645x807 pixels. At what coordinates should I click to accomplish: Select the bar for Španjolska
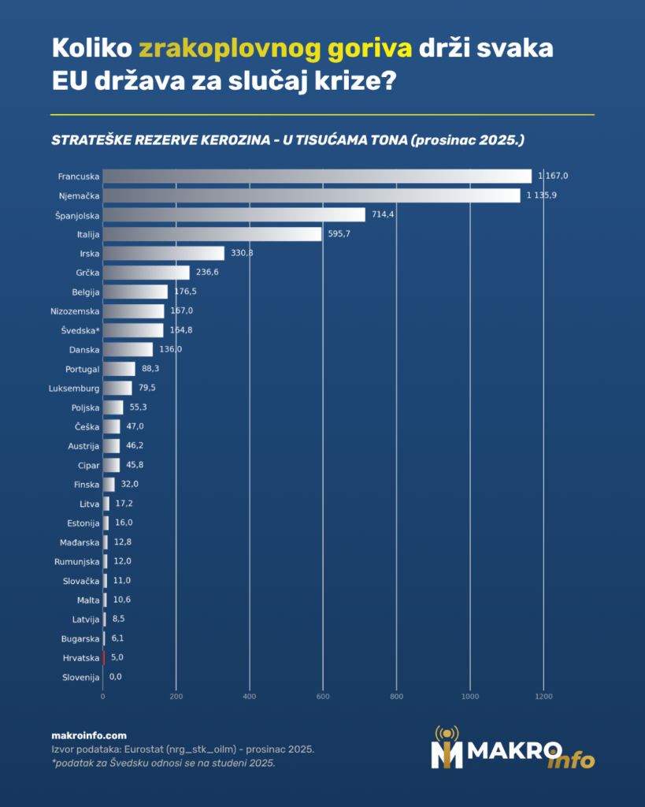(x=234, y=214)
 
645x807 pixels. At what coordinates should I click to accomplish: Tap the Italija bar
(x=212, y=234)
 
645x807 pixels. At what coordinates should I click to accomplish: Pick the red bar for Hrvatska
(x=104, y=657)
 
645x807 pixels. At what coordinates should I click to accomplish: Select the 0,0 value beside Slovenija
(x=116, y=677)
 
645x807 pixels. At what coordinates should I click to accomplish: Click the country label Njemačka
(x=79, y=195)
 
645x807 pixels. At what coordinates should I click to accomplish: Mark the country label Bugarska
(x=80, y=638)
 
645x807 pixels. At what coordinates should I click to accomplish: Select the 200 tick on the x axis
(x=176, y=697)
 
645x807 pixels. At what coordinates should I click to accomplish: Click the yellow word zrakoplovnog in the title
(x=229, y=49)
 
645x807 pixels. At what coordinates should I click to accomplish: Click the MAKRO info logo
(x=512, y=749)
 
